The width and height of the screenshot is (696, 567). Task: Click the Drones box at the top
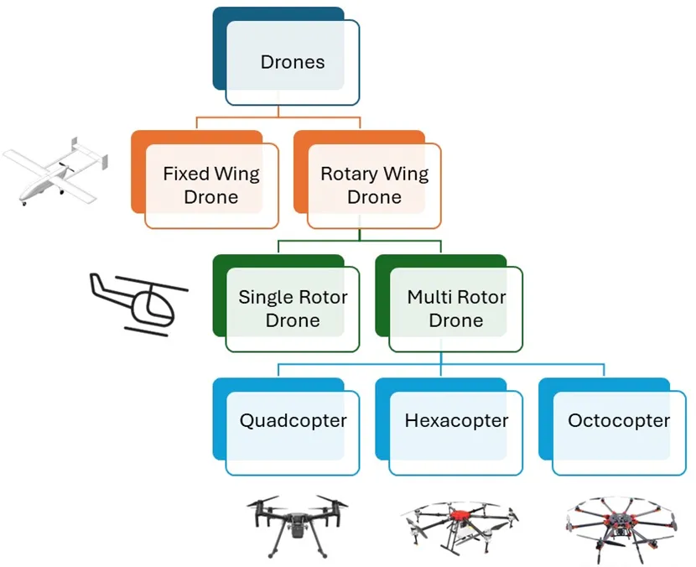click(292, 62)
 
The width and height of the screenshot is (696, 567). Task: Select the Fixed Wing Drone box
click(210, 185)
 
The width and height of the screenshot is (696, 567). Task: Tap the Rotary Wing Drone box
click(374, 185)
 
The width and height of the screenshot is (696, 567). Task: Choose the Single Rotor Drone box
click(293, 308)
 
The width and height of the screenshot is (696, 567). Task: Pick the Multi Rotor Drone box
click(455, 308)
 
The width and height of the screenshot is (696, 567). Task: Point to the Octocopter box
click(619, 420)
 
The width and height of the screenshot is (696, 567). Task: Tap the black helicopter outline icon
click(138, 302)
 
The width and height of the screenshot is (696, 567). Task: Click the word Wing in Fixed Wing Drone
click(236, 174)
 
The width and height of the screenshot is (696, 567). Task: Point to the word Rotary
click(347, 174)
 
